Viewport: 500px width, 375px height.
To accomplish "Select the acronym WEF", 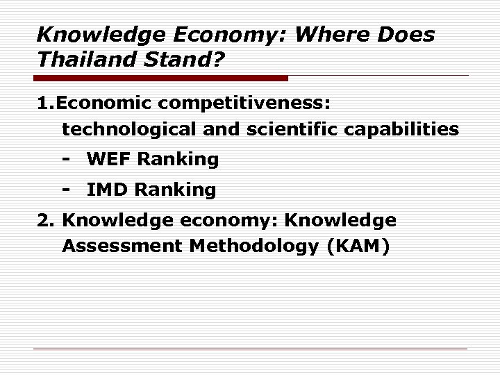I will coord(109,160).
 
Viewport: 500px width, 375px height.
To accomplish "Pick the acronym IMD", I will coord(108,189).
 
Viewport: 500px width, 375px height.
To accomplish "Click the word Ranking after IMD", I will coord(176,190).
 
